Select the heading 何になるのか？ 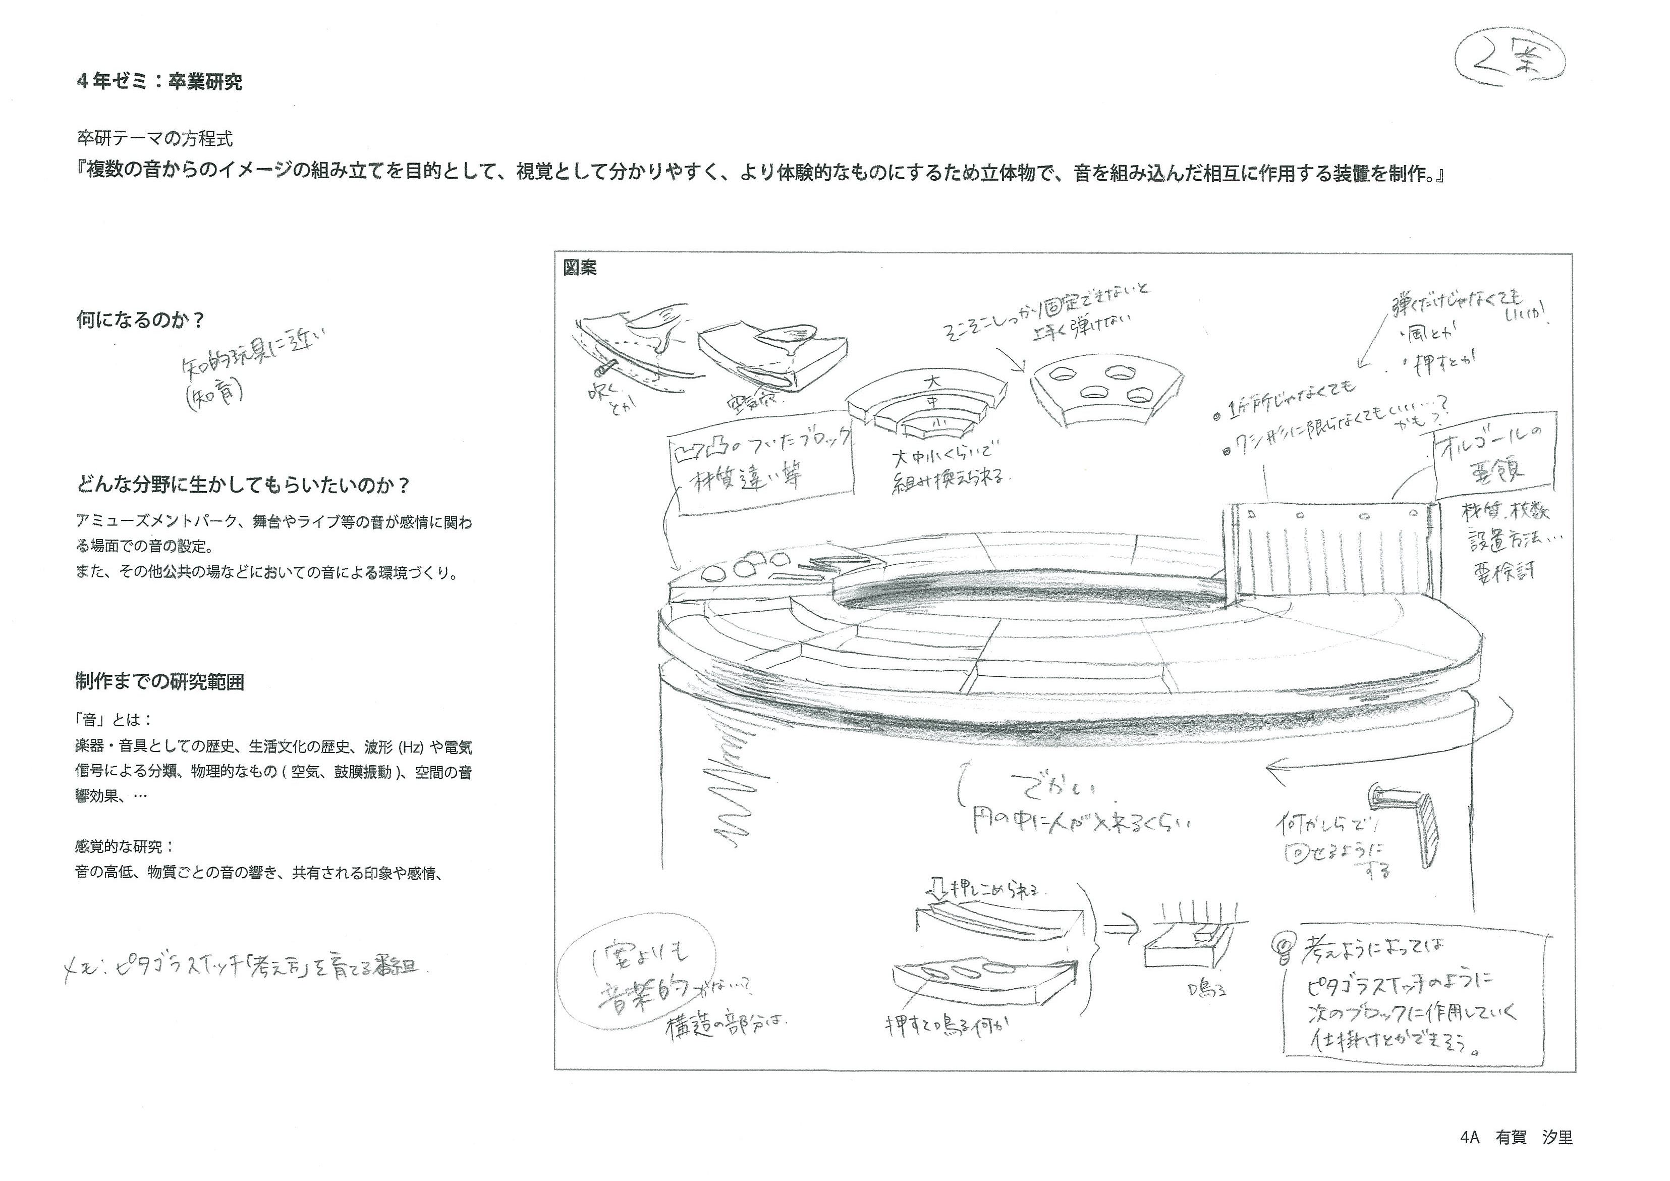coord(140,320)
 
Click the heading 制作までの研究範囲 coord(159,682)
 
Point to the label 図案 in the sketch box coord(580,268)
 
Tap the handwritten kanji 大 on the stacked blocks coord(932,382)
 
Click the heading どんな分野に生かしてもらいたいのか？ coord(244,485)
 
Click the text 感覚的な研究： coord(125,847)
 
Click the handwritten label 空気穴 coord(751,400)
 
